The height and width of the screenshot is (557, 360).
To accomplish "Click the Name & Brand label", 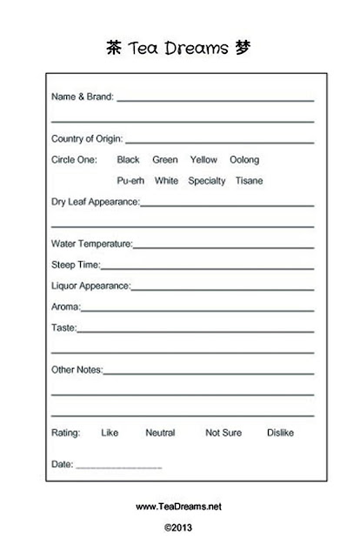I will (x=83, y=97).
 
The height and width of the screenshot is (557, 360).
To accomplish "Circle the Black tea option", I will (x=128, y=160).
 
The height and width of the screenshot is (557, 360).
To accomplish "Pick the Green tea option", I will (x=164, y=160).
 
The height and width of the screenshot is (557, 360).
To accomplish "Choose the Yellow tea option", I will (x=203, y=160).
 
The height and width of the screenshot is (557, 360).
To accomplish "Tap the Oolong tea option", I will (x=244, y=160).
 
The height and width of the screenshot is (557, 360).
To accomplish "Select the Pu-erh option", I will (x=130, y=181).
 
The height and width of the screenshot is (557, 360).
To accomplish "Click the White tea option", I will (x=166, y=181).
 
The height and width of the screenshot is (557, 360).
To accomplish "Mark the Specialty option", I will (x=207, y=181).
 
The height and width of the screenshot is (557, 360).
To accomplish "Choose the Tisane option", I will (x=249, y=181).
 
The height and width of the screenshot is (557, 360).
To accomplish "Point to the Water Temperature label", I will (x=92, y=245).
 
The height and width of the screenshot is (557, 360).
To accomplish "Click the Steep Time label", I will (x=77, y=265).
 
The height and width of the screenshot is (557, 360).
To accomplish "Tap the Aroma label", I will (x=67, y=307).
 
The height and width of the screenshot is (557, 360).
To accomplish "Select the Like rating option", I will (x=110, y=433).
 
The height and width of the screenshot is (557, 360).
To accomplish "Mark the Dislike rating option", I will (x=281, y=433).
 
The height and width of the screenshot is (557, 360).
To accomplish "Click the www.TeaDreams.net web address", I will (x=179, y=506).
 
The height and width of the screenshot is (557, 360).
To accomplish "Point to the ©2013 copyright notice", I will (x=178, y=527).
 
